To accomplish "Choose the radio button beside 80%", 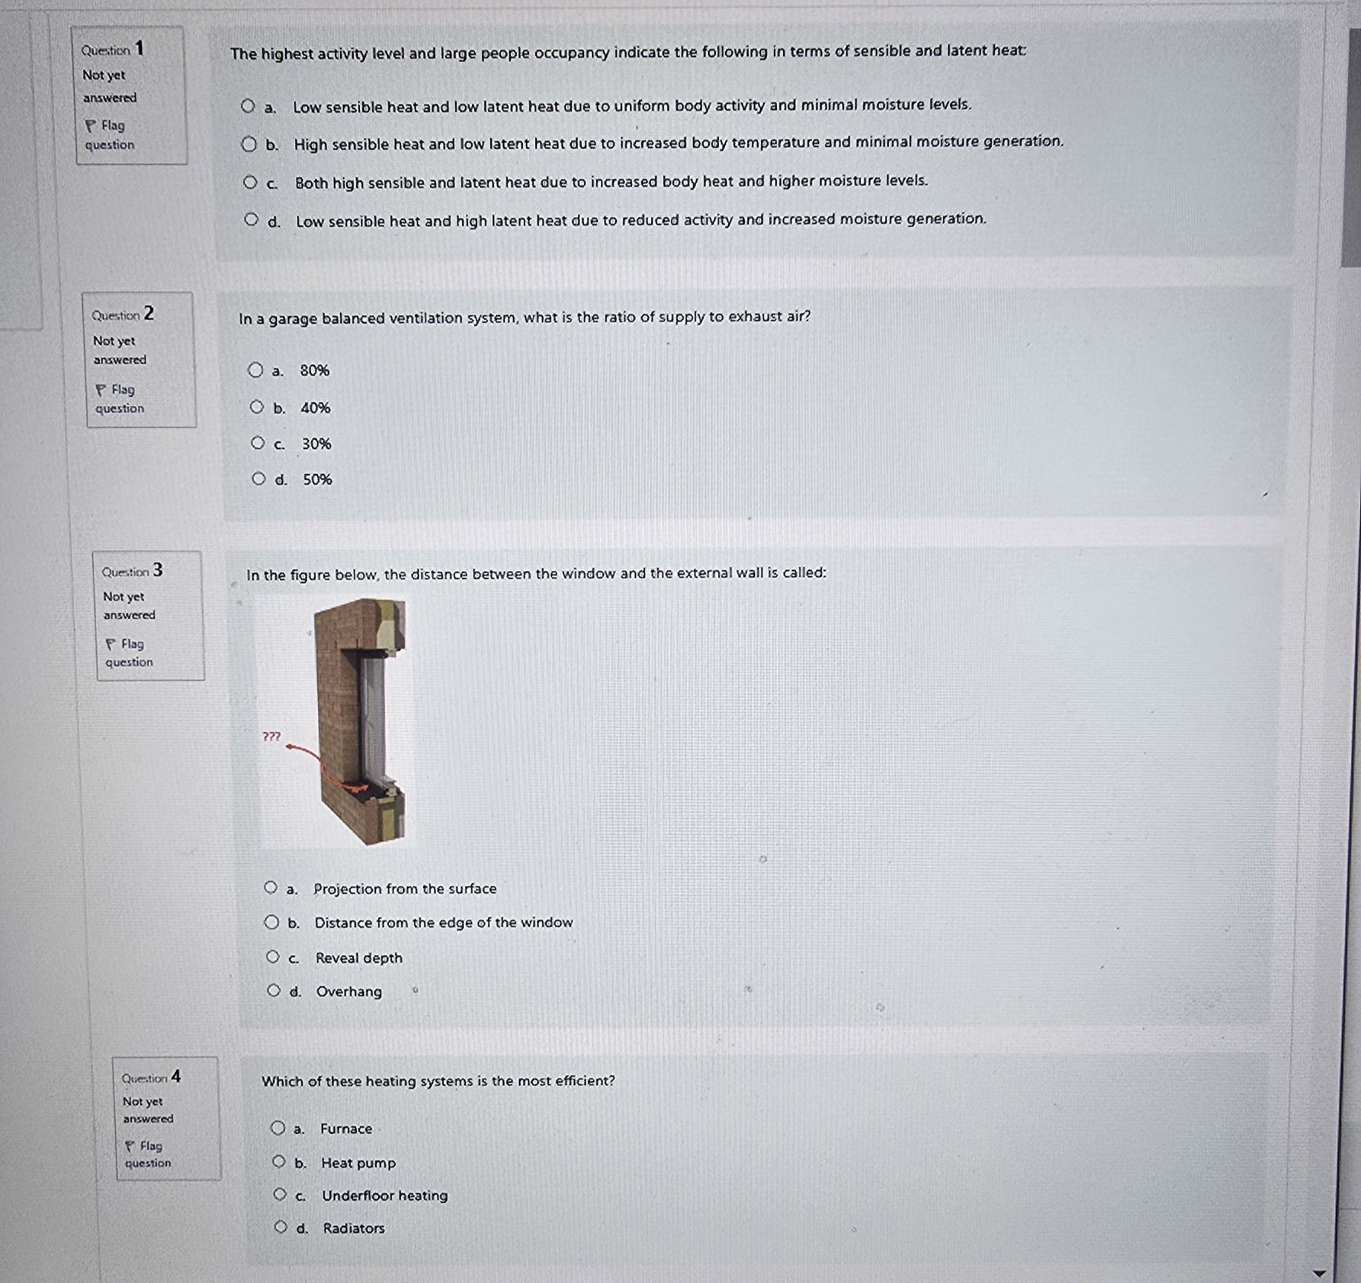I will [256, 370].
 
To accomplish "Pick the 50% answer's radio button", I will [258, 479].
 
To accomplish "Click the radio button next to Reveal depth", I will [273, 957].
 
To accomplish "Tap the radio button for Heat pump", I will [279, 1161].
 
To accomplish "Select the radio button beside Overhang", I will [274, 990].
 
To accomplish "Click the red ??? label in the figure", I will [271, 736].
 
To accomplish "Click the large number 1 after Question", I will [139, 48].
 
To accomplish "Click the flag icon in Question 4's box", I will [129, 1145].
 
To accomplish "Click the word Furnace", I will [346, 1128].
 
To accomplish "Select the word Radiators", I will [354, 1228].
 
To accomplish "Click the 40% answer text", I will [315, 408].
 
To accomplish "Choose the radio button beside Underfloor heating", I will [279, 1195].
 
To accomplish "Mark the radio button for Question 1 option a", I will [248, 106].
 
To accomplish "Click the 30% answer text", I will [316, 444].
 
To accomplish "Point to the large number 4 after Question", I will [176, 1076].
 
